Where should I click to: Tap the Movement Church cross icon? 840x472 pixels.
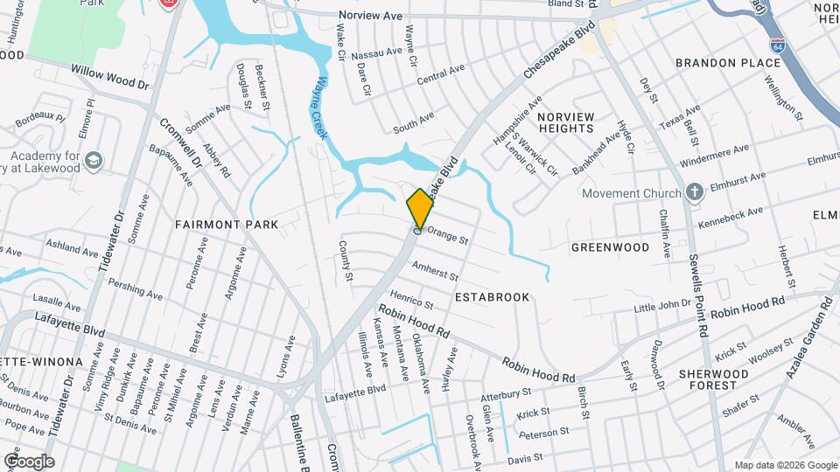[x=694, y=192]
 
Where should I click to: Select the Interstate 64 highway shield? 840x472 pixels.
[x=777, y=44]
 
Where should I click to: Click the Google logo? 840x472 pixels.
[x=29, y=462]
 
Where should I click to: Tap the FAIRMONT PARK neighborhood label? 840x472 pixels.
[x=226, y=225]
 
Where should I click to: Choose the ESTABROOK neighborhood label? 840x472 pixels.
[x=492, y=297]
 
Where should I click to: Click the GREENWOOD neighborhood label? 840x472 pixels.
[x=610, y=247]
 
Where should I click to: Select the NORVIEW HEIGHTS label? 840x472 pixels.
[x=565, y=122]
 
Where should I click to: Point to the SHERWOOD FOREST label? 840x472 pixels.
[x=714, y=379]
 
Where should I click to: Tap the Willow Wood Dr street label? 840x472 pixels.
[x=110, y=77]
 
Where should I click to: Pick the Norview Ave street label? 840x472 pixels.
[x=370, y=15]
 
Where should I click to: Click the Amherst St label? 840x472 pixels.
[x=435, y=270]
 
